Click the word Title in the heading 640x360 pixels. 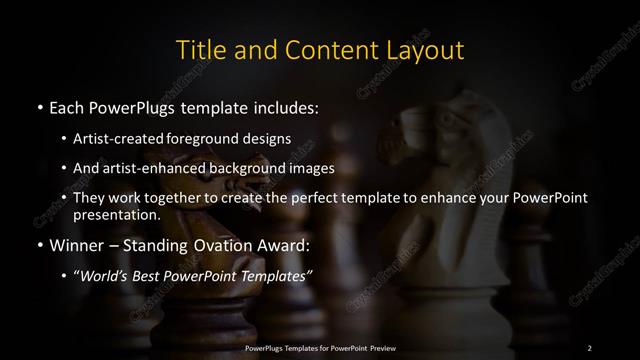[199, 49]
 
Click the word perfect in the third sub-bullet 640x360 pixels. [319, 198]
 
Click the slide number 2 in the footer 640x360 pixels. [590, 347]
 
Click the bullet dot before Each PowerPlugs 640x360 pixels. [39, 106]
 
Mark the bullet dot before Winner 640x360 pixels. [39, 245]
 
